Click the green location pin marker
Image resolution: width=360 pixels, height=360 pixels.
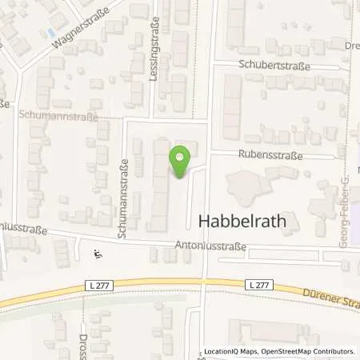point(181,162)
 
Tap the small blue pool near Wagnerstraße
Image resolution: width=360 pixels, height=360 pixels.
point(52,33)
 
